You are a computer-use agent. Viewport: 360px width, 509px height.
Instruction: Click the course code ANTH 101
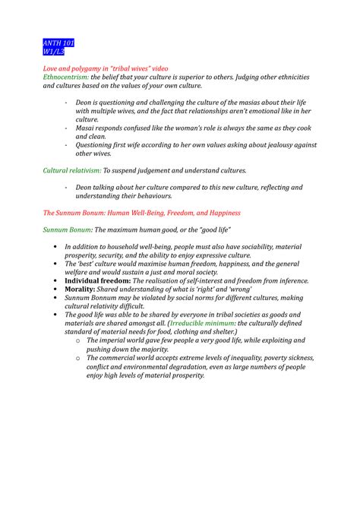[x=58, y=42]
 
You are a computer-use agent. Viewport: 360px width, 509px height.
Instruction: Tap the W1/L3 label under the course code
[x=54, y=52]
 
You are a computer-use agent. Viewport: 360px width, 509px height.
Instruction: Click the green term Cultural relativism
[x=71, y=171]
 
